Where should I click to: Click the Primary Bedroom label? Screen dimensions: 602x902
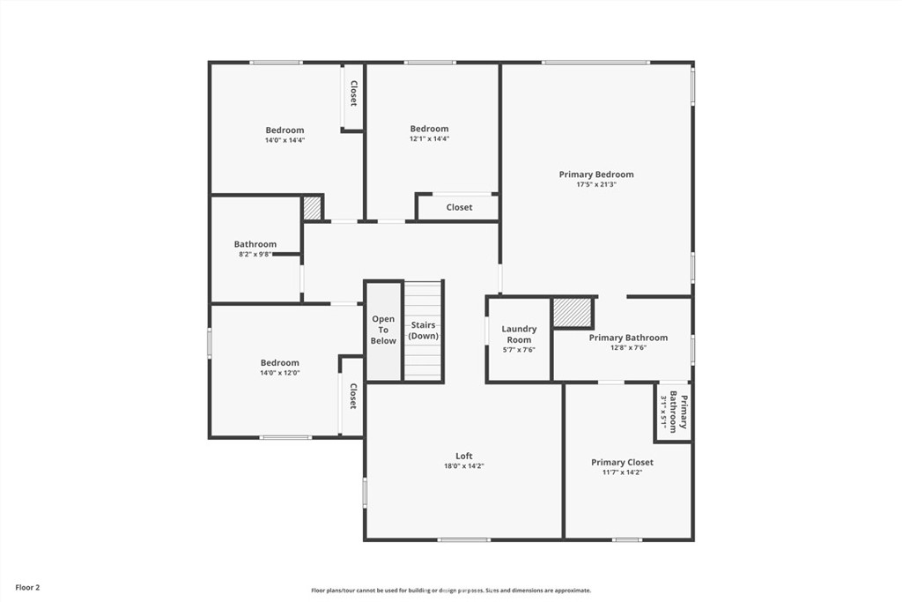[x=596, y=175]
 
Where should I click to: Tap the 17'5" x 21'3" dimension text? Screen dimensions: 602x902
[x=596, y=185]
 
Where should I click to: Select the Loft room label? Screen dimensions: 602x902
[x=464, y=456]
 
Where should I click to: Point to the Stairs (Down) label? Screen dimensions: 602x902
[x=424, y=331]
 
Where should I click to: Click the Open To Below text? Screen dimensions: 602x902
[x=383, y=330]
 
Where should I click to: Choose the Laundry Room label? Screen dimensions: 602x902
[x=519, y=334]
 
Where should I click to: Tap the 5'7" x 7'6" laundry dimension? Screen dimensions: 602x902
[x=519, y=350]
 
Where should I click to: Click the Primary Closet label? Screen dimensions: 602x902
[x=622, y=462]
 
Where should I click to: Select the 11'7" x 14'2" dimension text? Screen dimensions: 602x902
[x=622, y=473]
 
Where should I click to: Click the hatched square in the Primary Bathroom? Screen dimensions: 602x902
[x=572, y=313]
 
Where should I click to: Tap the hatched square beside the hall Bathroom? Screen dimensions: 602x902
[x=312, y=208]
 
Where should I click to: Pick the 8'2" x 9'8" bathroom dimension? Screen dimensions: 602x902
[x=255, y=255]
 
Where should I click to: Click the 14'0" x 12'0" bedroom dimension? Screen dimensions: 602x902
[x=279, y=373]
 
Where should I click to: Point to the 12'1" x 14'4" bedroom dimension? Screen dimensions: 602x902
[x=429, y=139]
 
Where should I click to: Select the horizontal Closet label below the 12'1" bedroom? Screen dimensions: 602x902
[x=459, y=207]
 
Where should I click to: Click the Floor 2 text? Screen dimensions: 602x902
[x=27, y=586]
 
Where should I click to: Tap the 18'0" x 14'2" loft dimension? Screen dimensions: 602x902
[x=464, y=466]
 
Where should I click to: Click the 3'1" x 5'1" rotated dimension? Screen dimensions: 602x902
[x=664, y=410]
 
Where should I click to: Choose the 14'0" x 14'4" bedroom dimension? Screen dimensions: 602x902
[x=285, y=140]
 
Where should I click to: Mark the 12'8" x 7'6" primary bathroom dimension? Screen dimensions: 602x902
[x=628, y=348]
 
